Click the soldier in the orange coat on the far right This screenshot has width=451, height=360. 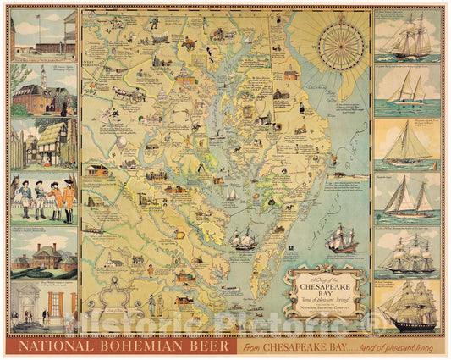pos(69,200)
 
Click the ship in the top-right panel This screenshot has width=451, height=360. pos(407,38)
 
